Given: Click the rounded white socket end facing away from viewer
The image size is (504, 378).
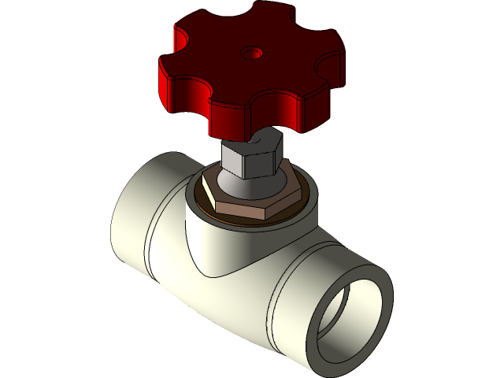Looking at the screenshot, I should [126, 209].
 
